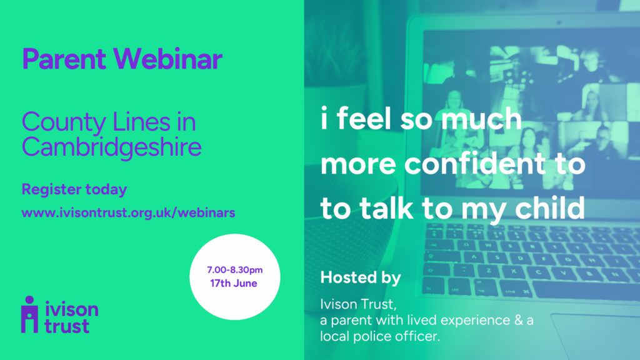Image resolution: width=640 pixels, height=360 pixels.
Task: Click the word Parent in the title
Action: click(64, 59)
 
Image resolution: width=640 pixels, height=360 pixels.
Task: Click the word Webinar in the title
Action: click(167, 59)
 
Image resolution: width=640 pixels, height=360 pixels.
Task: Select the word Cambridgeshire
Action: click(111, 147)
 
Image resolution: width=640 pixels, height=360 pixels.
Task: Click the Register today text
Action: click(74, 189)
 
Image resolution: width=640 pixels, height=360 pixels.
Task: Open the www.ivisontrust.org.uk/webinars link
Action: click(128, 212)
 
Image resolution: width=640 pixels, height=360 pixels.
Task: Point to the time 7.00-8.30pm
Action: click(235, 270)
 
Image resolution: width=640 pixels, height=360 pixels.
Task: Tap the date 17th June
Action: click(234, 283)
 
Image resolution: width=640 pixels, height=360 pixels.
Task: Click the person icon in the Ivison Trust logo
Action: click(29, 314)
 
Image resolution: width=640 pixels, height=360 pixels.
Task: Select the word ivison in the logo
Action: click(71, 309)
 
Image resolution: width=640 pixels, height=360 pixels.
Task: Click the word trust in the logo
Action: click(66, 326)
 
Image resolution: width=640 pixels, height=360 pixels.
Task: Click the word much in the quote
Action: click(481, 119)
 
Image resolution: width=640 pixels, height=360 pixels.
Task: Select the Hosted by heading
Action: click(361, 277)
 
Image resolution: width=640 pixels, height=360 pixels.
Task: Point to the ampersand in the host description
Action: click(518, 320)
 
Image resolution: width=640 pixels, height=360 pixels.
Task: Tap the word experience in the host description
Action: click(476, 321)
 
